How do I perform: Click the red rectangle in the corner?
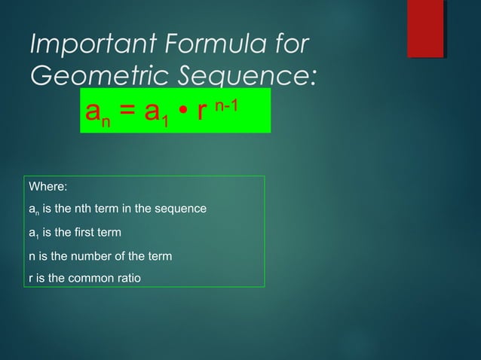pos(425,29)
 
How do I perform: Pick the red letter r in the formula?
pos(201,112)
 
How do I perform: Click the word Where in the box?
pos(47,185)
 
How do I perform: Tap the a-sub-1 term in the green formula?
pos(154,114)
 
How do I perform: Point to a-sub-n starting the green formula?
pos(97,114)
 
